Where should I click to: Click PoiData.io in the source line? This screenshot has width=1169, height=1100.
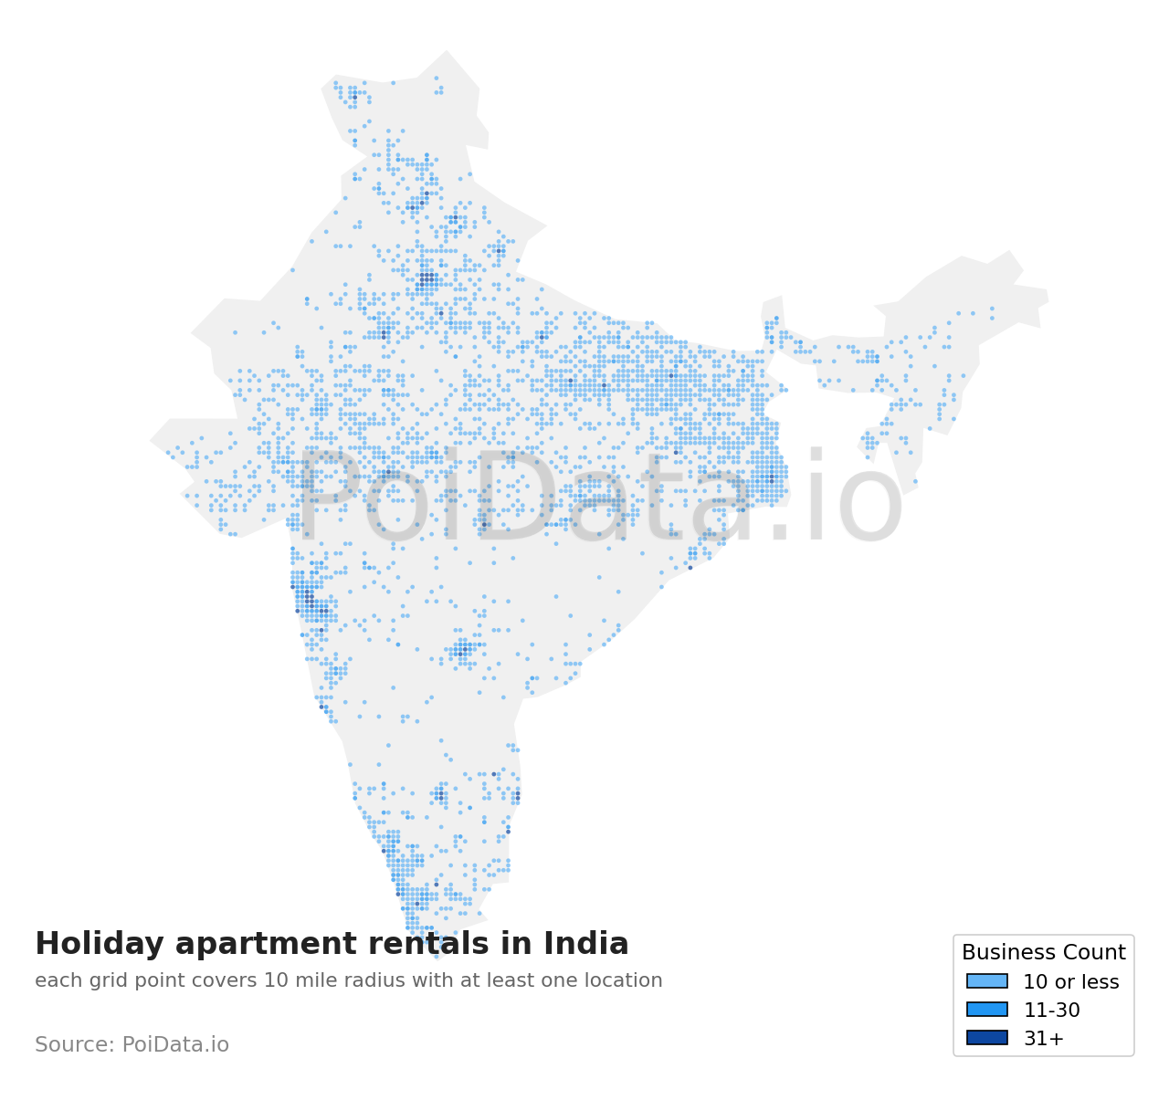coord(175,1045)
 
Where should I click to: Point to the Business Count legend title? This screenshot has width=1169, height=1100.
coord(1043,953)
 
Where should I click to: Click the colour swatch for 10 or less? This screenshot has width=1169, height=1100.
coord(987,981)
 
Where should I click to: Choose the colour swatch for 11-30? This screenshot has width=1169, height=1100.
coord(987,1010)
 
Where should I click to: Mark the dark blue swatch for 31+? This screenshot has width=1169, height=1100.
coord(987,1038)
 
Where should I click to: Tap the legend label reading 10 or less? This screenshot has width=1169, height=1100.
coord(1070,982)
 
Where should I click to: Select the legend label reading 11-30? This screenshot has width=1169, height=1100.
coord(1051,1011)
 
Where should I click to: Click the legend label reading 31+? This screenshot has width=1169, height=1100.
coord(1043,1039)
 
